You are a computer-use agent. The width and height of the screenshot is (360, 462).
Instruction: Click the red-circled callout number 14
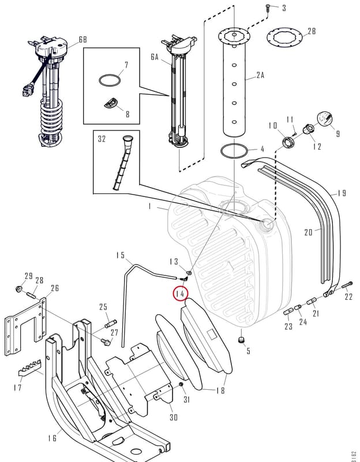(x=180, y=294)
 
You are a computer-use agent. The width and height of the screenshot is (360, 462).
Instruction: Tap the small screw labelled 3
(x=268, y=8)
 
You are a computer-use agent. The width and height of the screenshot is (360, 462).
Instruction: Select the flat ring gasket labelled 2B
(x=284, y=38)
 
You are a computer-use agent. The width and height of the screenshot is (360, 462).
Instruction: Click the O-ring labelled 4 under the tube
(x=234, y=151)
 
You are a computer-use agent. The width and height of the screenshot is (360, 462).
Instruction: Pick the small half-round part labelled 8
(x=110, y=103)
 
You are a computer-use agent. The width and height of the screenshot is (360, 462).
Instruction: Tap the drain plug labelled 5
(x=241, y=340)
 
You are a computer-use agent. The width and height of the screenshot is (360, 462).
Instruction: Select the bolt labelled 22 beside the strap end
(x=347, y=285)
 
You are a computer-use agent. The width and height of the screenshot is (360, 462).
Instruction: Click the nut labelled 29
(x=19, y=289)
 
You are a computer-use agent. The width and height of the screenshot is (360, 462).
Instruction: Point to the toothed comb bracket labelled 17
(x=30, y=368)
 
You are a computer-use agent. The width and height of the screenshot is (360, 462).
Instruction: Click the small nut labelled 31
(x=181, y=385)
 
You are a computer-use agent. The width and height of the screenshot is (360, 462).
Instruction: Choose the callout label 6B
(x=82, y=39)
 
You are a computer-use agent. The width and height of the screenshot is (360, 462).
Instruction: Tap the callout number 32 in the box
(x=102, y=139)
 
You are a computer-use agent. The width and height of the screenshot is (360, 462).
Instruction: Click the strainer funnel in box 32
(x=122, y=162)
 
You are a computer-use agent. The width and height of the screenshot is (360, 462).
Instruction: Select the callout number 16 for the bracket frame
(x=52, y=438)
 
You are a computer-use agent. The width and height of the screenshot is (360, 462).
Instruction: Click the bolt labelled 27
(x=106, y=342)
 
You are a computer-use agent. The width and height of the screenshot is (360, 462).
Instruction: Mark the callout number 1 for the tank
(x=149, y=207)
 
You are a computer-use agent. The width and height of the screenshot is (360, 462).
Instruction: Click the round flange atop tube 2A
(x=234, y=36)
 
